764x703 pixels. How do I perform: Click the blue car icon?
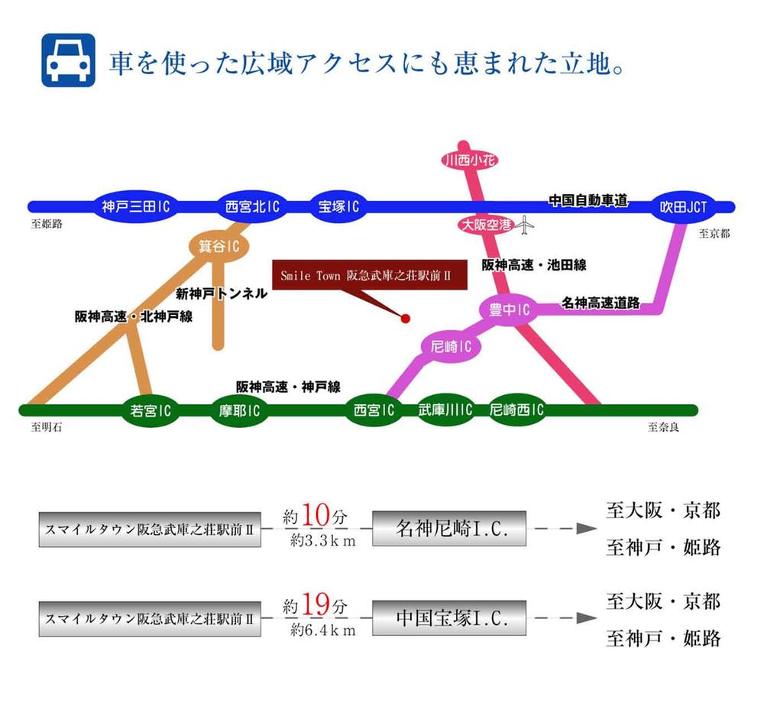coord(68,60)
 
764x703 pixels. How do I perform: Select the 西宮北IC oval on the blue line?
coord(252,206)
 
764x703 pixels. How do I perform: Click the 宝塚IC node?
coord(338,206)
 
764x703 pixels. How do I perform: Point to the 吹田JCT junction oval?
coord(684,206)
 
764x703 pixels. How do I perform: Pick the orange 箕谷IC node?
coord(215,246)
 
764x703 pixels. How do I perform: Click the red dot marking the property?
coord(406,318)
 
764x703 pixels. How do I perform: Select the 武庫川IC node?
coord(445,410)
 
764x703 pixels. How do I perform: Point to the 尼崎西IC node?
coord(516,410)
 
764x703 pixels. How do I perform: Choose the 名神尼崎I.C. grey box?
coord(451,528)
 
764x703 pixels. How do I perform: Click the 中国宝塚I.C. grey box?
coord(451,618)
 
